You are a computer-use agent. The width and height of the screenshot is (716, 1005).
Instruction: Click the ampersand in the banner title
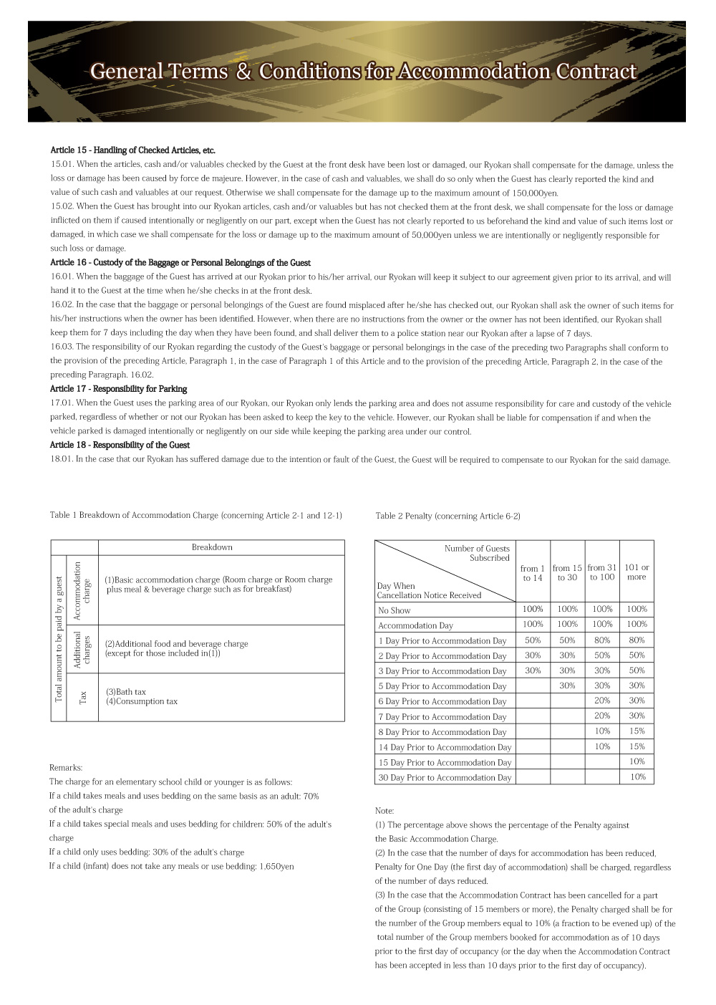[x=244, y=72]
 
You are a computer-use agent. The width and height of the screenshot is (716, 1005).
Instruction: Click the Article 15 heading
[x=132, y=150]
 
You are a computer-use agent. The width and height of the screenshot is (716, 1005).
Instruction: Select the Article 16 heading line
[x=180, y=263]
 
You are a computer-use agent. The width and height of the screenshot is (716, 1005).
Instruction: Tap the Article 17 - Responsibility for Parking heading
[x=118, y=389]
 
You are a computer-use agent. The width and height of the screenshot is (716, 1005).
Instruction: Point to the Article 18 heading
[x=120, y=445]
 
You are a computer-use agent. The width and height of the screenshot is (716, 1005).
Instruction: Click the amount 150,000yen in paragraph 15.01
[x=534, y=193]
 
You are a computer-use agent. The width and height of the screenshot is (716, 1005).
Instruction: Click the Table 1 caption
[x=195, y=515]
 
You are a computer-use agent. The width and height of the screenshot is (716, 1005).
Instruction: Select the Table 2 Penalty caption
[x=447, y=516]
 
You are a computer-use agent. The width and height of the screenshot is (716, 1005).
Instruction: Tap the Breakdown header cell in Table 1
[x=212, y=547]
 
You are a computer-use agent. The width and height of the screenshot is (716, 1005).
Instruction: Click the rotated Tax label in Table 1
[x=83, y=697]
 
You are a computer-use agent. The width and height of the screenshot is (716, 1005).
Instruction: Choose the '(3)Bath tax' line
[x=126, y=692]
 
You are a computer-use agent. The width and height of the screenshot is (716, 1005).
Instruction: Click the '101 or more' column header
[x=637, y=572]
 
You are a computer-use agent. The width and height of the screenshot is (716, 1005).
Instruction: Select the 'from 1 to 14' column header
[x=533, y=573]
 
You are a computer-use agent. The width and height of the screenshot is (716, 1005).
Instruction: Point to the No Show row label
[x=395, y=611]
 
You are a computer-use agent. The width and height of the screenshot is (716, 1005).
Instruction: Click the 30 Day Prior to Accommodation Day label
[x=445, y=778]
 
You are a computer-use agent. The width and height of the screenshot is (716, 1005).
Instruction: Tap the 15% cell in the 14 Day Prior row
[x=637, y=746]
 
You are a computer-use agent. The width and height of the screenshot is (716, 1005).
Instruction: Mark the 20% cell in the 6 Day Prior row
[x=602, y=701]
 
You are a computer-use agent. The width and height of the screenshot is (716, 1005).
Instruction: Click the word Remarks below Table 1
[x=66, y=768]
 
